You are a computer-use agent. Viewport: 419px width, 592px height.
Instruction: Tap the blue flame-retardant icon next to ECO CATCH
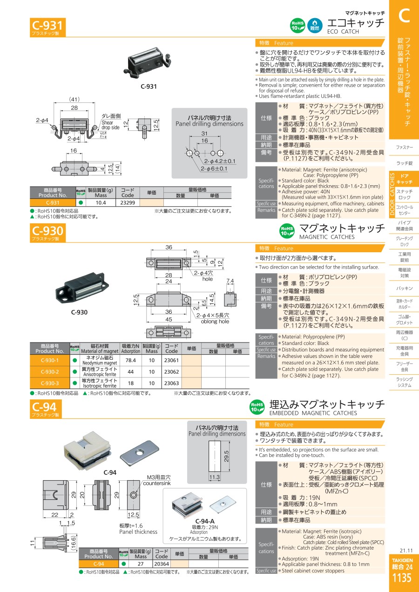[315, 26]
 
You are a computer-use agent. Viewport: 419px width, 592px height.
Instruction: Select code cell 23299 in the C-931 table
[128, 203]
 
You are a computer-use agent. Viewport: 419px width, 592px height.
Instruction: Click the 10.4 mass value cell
[101, 203]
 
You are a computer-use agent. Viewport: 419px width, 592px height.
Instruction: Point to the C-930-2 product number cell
[50, 371]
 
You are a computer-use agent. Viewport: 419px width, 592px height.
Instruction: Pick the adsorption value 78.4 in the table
[131, 360]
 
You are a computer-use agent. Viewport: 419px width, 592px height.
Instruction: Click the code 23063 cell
[171, 383]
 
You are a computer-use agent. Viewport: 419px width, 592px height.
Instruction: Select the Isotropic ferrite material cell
[100, 383]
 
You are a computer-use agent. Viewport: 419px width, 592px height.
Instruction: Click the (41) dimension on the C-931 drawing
[74, 100]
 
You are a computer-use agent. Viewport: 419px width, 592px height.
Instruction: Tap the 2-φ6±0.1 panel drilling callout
[214, 168]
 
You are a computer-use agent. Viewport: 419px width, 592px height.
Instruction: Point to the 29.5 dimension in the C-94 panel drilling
[226, 456]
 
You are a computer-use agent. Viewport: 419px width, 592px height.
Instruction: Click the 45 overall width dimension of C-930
[169, 319]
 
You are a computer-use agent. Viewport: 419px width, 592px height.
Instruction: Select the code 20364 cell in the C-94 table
[162, 564]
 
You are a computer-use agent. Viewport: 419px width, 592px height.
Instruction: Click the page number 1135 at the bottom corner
[402, 578]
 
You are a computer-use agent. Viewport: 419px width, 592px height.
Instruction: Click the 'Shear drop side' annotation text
[110, 125]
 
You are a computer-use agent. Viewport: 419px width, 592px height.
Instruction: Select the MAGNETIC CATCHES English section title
[327, 237]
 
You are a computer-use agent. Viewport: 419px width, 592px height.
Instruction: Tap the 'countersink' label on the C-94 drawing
[157, 484]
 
